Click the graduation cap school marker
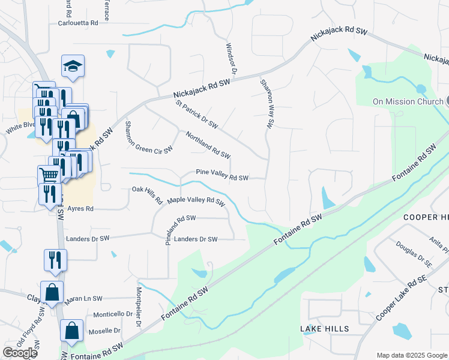(73, 67)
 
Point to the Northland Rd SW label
(208, 145)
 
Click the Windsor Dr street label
(231, 58)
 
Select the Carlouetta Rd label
(78, 23)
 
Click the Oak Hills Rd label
(147, 195)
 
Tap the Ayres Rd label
(80, 209)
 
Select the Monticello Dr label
(113, 314)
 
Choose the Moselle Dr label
(104, 331)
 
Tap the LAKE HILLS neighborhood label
(324, 329)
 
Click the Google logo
(20, 353)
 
